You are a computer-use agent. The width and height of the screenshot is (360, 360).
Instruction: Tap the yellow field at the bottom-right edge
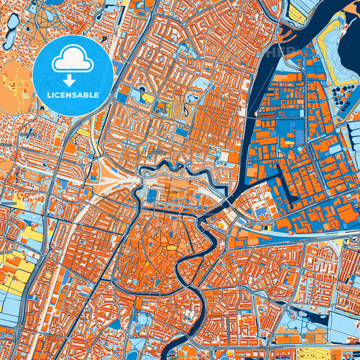point(338,354)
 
